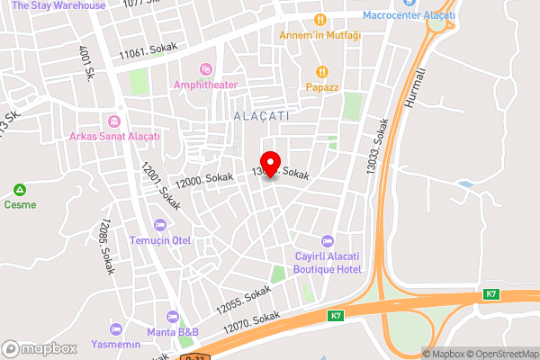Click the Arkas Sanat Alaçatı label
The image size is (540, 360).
pyautogui.click(x=115, y=136)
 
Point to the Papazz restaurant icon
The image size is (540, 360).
pyautogui.click(x=319, y=72)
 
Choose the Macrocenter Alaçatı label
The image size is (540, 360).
pyautogui.click(x=409, y=16)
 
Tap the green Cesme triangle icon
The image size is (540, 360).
pyautogui.click(x=19, y=190)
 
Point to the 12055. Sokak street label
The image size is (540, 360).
pyautogui.click(x=243, y=301)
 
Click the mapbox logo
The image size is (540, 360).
pyautogui.click(x=39, y=348)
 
